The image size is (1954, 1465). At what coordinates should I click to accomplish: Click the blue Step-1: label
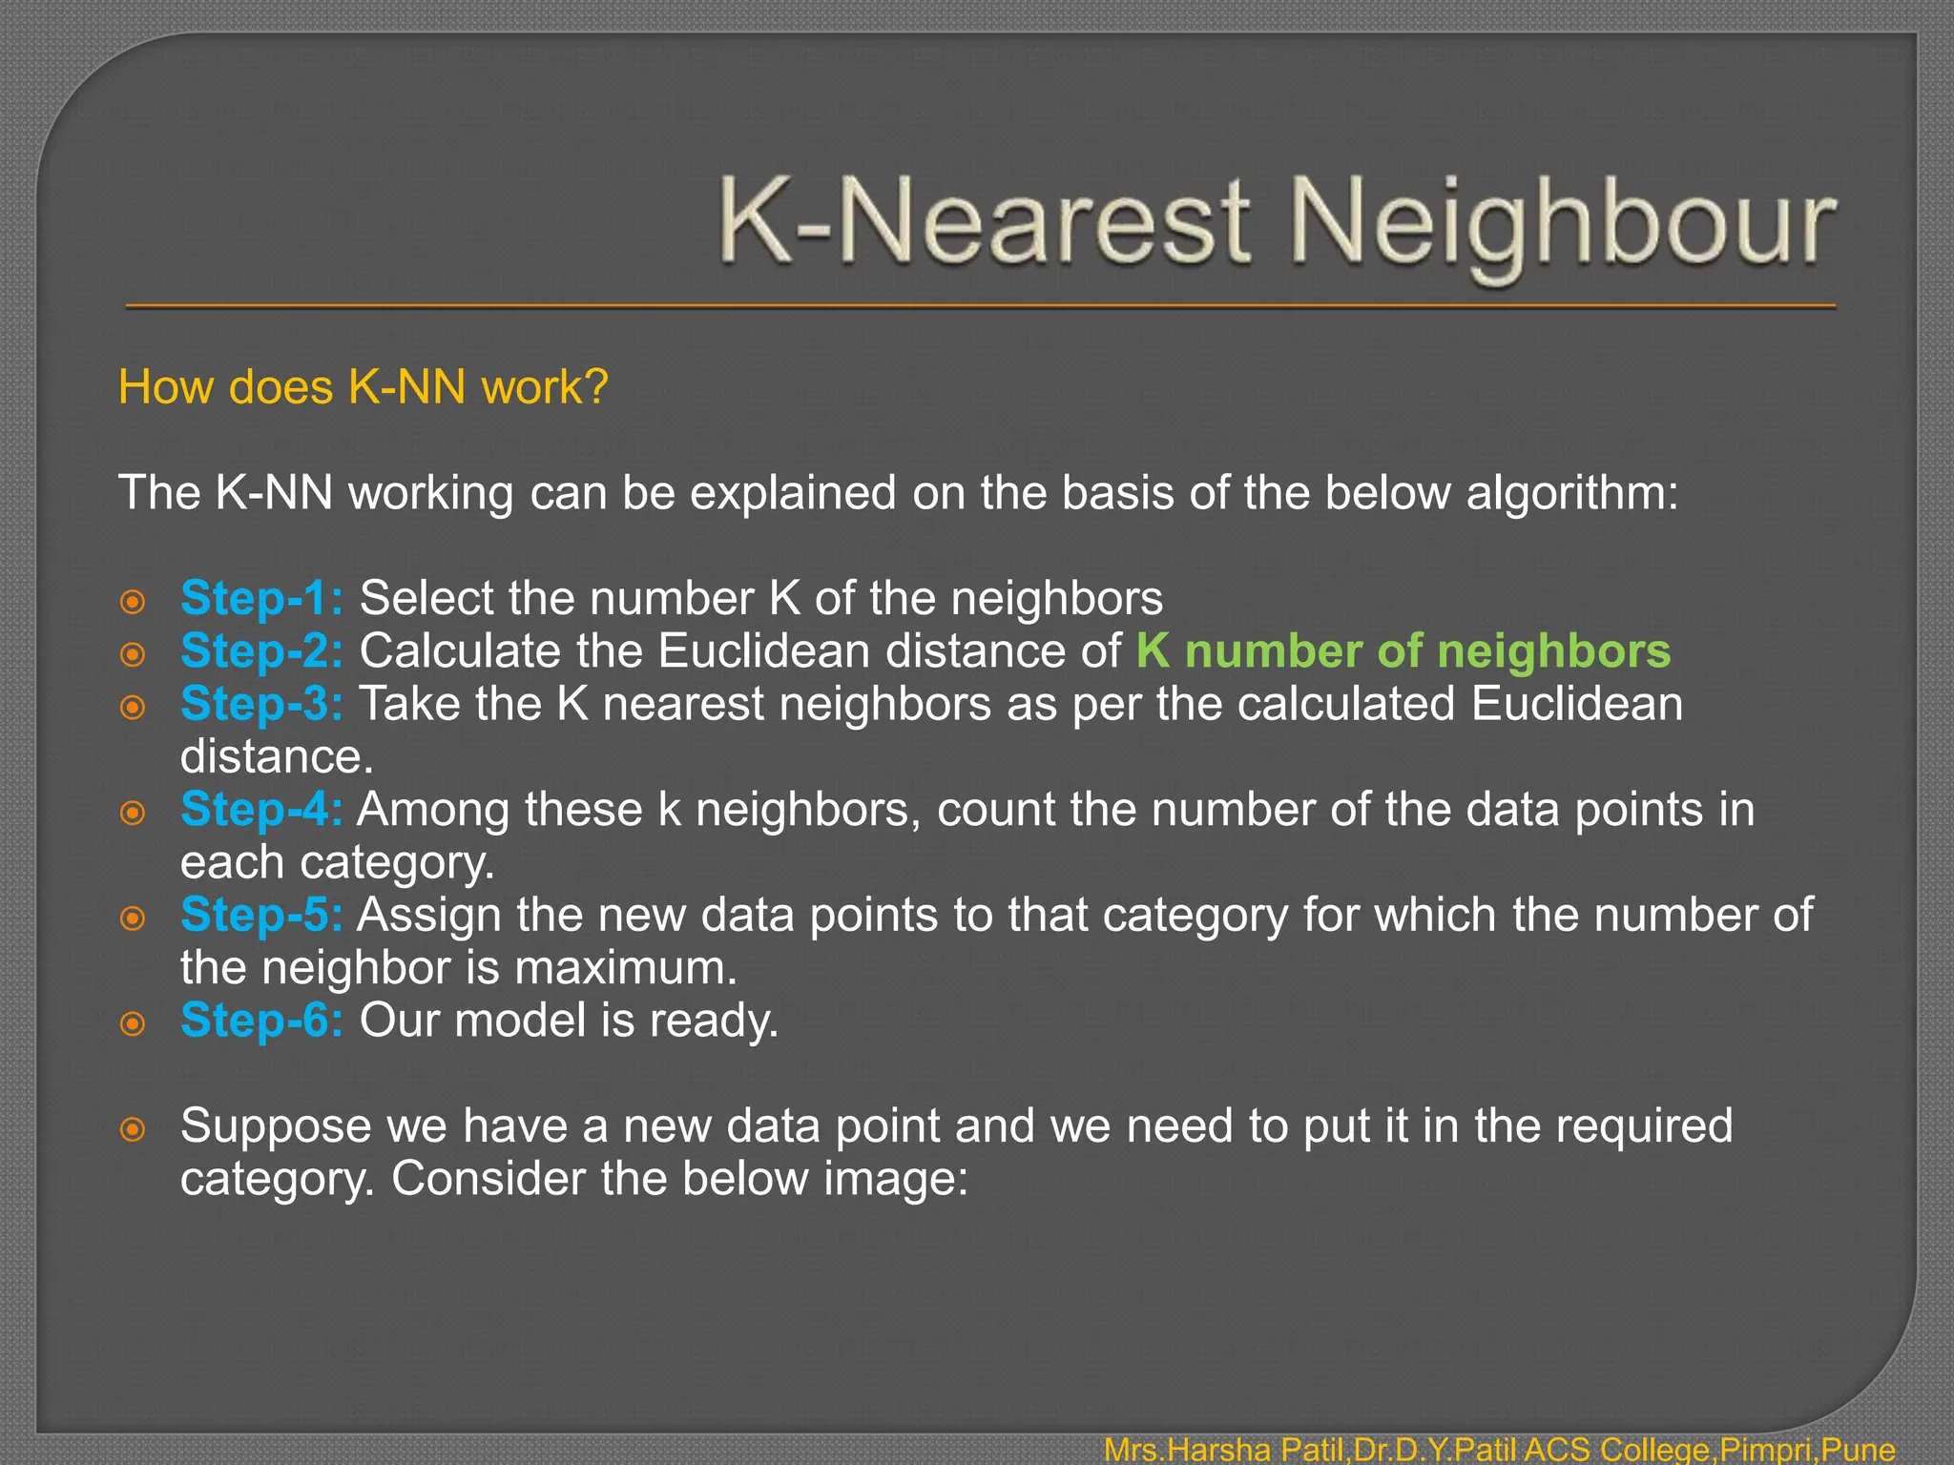pyautogui.click(x=261, y=599)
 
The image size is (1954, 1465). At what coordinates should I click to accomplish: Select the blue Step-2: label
pyautogui.click(x=261, y=651)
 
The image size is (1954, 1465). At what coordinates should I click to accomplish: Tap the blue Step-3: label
pyautogui.click(x=261, y=704)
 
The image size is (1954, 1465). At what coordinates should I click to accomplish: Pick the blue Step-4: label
pyautogui.click(x=261, y=810)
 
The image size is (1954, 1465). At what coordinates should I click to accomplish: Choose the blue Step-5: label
pyautogui.click(x=261, y=915)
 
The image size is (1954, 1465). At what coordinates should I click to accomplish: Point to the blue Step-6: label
pyautogui.click(x=261, y=1021)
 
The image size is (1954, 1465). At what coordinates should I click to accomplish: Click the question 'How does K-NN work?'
pyautogui.click(x=363, y=387)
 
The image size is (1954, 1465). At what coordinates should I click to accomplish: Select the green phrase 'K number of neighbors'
pyautogui.click(x=1403, y=651)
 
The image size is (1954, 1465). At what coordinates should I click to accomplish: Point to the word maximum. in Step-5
pyautogui.click(x=626, y=968)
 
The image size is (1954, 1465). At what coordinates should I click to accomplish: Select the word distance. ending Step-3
pyautogui.click(x=277, y=757)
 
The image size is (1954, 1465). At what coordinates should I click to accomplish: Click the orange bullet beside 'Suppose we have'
pyautogui.click(x=133, y=1129)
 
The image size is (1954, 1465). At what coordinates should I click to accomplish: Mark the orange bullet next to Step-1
pyautogui.click(x=133, y=602)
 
